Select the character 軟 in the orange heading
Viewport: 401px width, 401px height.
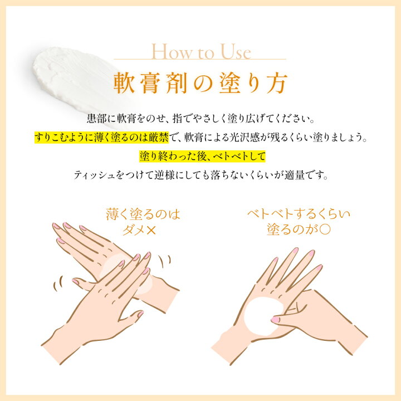coord(124,83)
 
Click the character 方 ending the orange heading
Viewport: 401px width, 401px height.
coord(277,83)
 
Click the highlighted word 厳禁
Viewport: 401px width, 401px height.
coord(159,138)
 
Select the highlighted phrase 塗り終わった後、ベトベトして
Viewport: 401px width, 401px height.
coord(202,157)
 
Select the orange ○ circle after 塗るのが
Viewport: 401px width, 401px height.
coord(325,229)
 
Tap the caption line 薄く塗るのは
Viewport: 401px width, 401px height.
coord(143,214)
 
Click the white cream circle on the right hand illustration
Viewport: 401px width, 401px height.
coord(263,316)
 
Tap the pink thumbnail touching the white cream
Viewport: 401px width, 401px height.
coord(275,319)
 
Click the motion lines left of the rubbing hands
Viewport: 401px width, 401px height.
coord(58,283)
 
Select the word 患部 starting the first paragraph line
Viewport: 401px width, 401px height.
coord(96,119)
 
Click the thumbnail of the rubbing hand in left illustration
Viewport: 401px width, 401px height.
coord(140,314)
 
